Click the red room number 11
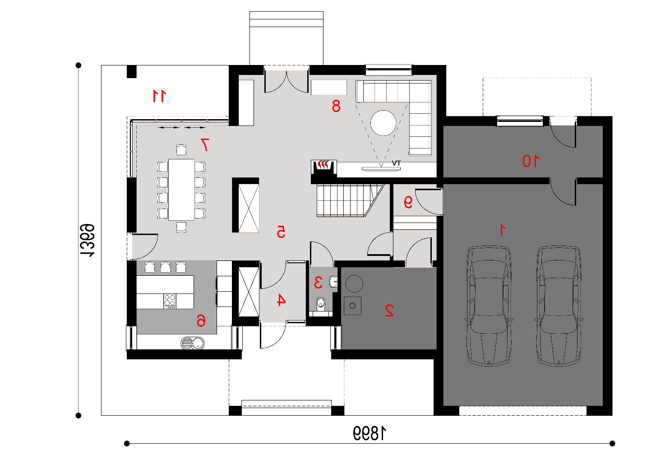pos(159,96)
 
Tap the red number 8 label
pos(336,106)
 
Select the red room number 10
pos(531,161)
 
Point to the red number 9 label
pos(408,202)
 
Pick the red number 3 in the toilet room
pos(318,282)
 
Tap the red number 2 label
pos(389,310)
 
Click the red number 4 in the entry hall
pos(281,300)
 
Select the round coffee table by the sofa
pos(383,123)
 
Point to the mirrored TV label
pos(396,163)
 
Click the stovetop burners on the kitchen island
pos(170,301)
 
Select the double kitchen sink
pos(193,343)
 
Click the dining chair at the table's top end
pos(181,150)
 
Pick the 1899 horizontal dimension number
pos(370,433)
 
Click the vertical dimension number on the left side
pos(87,240)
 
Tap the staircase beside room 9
pos(350,200)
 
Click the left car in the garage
pos(489,306)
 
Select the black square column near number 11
pos(132,71)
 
